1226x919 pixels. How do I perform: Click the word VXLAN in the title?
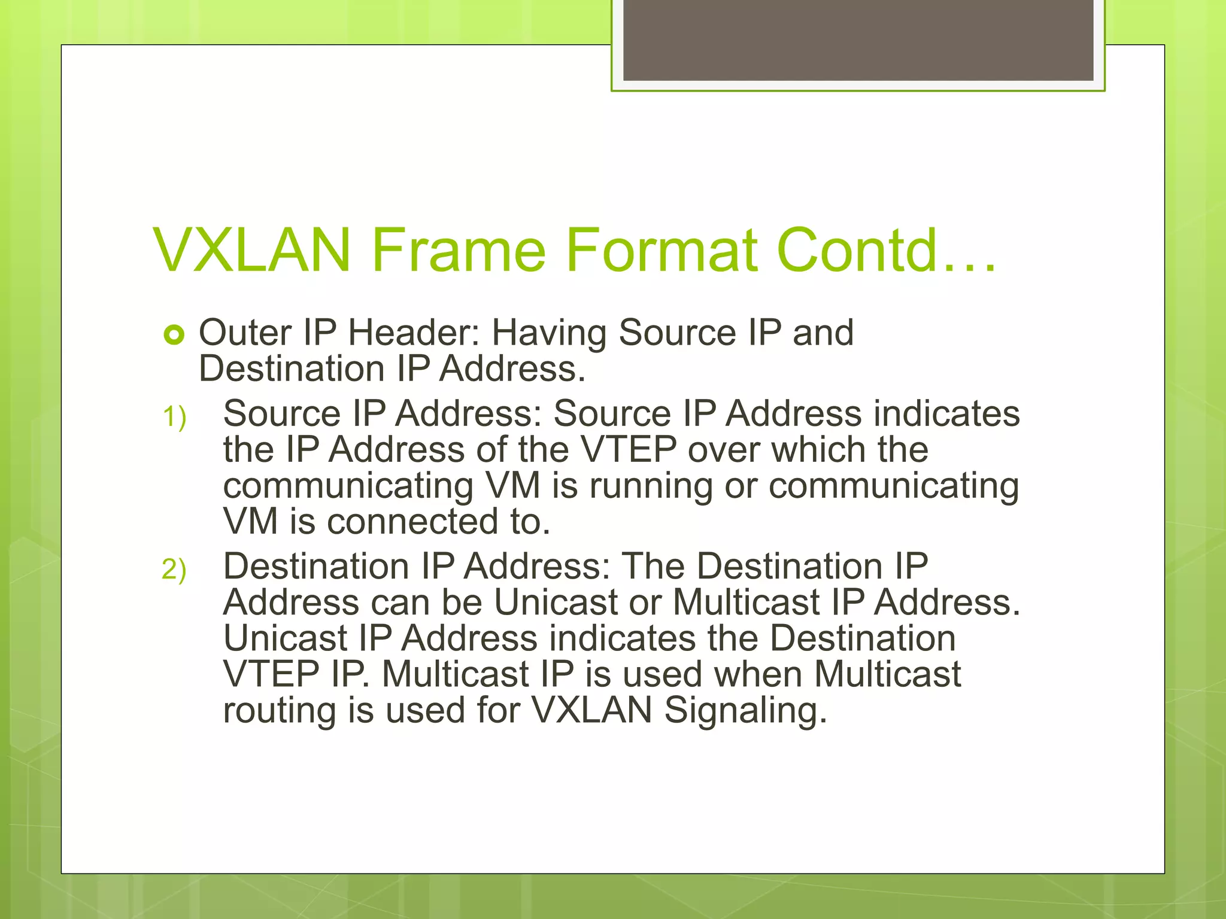pos(251,250)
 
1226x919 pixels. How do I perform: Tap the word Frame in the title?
pos(458,250)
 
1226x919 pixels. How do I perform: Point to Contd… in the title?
pos(886,250)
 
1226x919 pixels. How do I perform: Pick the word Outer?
pos(245,333)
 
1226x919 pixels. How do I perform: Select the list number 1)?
pos(174,417)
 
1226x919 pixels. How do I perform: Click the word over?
pos(724,451)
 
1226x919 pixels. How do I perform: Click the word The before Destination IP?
pos(653,567)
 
